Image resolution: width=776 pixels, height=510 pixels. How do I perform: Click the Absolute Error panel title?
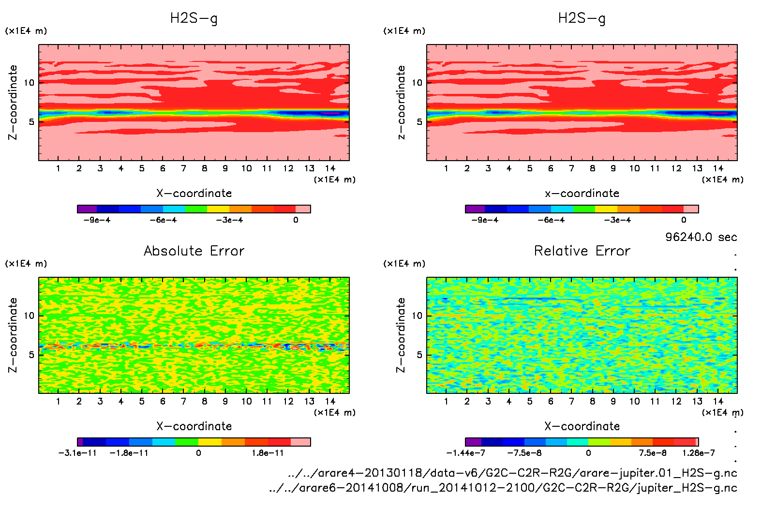(x=194, y=251)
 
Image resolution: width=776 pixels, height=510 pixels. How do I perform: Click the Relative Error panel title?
(x=582, y=251)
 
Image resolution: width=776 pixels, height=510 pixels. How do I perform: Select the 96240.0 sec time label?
(x=701, y=237)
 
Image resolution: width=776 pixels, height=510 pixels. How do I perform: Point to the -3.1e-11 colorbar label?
(x=77, y=453)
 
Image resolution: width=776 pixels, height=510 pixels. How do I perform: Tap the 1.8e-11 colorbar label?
(x=268, y=453)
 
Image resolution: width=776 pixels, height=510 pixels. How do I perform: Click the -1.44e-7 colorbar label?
(x=465, y=453)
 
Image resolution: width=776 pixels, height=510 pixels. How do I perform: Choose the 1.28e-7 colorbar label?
(x=698, y=453)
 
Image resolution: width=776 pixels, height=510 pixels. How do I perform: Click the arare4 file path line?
(x=512, y=473)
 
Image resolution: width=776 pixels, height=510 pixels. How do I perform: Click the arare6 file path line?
(x=503, y=488)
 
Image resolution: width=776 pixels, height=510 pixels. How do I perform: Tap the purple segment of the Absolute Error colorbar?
(x=80, y=442)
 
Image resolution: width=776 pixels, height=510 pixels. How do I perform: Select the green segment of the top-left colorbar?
(x=196, y=209)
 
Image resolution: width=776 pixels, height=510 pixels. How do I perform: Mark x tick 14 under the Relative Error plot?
(x=718, y=401)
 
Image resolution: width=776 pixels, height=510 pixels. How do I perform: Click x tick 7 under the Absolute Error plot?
(x=183, y=401)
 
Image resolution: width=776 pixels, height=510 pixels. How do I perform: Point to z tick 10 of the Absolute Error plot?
(x=29, y=316)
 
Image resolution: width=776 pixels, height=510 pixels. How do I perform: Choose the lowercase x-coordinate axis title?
(x=582, y=194)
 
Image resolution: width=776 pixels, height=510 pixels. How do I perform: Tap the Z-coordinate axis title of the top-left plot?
(x=13, y=103)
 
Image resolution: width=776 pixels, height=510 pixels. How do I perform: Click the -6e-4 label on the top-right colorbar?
(x=551, y=220)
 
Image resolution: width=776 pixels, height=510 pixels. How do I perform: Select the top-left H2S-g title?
(x=194, y=18)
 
